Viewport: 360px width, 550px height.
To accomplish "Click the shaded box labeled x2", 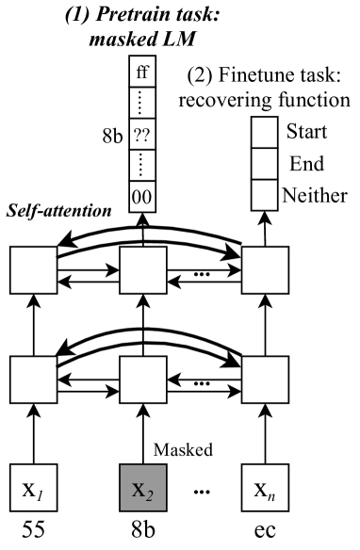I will (x=142, y=491).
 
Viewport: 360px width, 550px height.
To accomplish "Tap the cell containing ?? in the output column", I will (x=142, y=158).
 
